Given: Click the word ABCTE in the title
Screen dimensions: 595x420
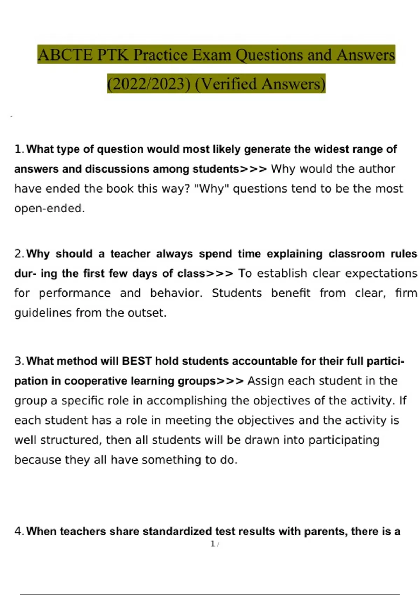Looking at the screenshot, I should [x=65, y=55].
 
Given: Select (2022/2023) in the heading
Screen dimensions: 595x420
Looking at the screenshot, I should [x=149, y=84].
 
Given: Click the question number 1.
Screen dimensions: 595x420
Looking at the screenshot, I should [x=18, y=149].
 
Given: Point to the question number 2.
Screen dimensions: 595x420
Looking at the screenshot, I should [x=18, y=254].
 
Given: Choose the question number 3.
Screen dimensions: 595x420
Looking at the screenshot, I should [x=18, y=361].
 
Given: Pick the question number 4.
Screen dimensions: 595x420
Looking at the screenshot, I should [x=18, y=531].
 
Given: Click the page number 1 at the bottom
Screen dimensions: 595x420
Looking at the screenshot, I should [x=212, y=544].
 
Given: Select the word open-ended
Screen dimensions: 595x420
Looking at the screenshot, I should [x=49, y=209].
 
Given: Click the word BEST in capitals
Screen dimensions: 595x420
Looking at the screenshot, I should [x=136, y=361].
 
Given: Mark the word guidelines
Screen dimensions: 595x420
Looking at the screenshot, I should [x=43, y=313].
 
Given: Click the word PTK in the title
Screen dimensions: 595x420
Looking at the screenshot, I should [x=113, y=55].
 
